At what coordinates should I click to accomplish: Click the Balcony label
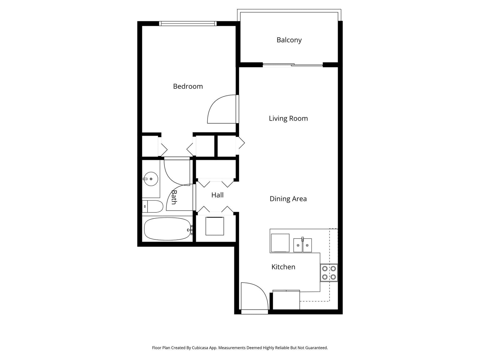point(289,40)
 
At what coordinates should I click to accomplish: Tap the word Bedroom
point(188,86)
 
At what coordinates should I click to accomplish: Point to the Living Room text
point(288,118)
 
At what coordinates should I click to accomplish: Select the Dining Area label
point(288,199)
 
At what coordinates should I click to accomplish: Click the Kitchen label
point(283,267)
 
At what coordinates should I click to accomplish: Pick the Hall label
point(217,195)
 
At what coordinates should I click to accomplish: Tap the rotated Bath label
point(174,197)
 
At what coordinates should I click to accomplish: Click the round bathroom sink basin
point(151,179)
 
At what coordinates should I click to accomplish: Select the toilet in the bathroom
point(153,206)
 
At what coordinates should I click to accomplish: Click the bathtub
point(167,229)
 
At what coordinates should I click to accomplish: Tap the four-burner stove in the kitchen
point(329,273)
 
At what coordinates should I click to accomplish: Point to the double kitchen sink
point(302,245)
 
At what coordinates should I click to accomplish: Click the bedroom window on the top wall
point(188,24)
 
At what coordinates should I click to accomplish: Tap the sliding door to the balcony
point(293,65)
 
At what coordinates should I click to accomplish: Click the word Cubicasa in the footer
point(200,348)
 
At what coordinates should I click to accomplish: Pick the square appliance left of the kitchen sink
point(280,243)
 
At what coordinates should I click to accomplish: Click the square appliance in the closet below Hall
point(215,226)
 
